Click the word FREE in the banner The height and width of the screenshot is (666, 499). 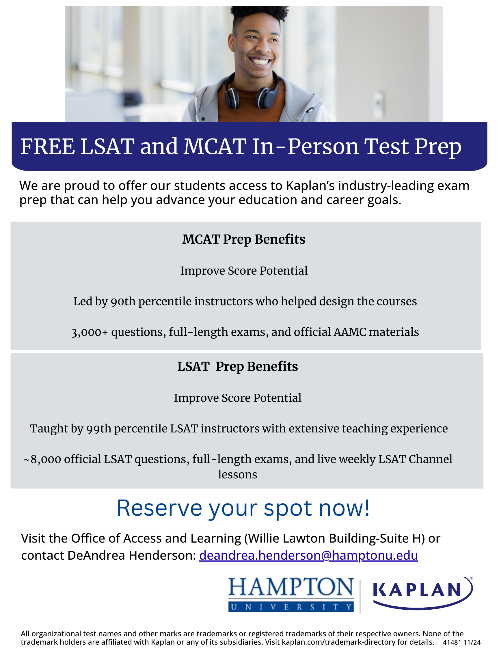(x=47, y=147)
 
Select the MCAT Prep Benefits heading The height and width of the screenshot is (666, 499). (x=243, y=239)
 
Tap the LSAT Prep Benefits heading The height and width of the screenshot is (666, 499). (x=237, y=367)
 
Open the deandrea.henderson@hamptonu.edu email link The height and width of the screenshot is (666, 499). (x=308, y=556)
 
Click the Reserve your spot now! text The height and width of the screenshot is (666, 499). (x=243, y=508)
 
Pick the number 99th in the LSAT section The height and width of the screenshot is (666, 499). (x=99, y=428)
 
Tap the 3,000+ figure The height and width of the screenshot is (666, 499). (x=89, y=332)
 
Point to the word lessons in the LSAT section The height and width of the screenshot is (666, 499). (x=237, y=475)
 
